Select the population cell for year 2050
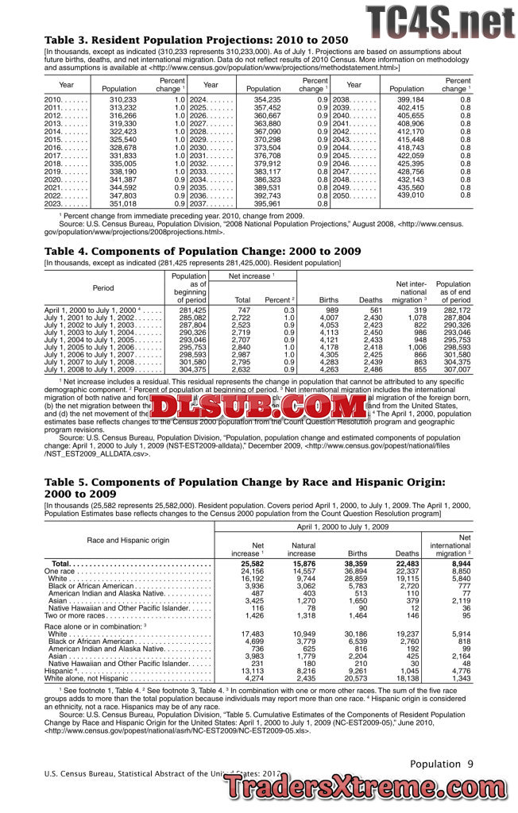click(x=411, y=195)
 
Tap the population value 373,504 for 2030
click(x=267, y=148)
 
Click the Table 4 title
click(x=203, y=251)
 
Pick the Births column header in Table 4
click(x=328, y=300)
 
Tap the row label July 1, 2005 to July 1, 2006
click(x=90, y=347)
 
